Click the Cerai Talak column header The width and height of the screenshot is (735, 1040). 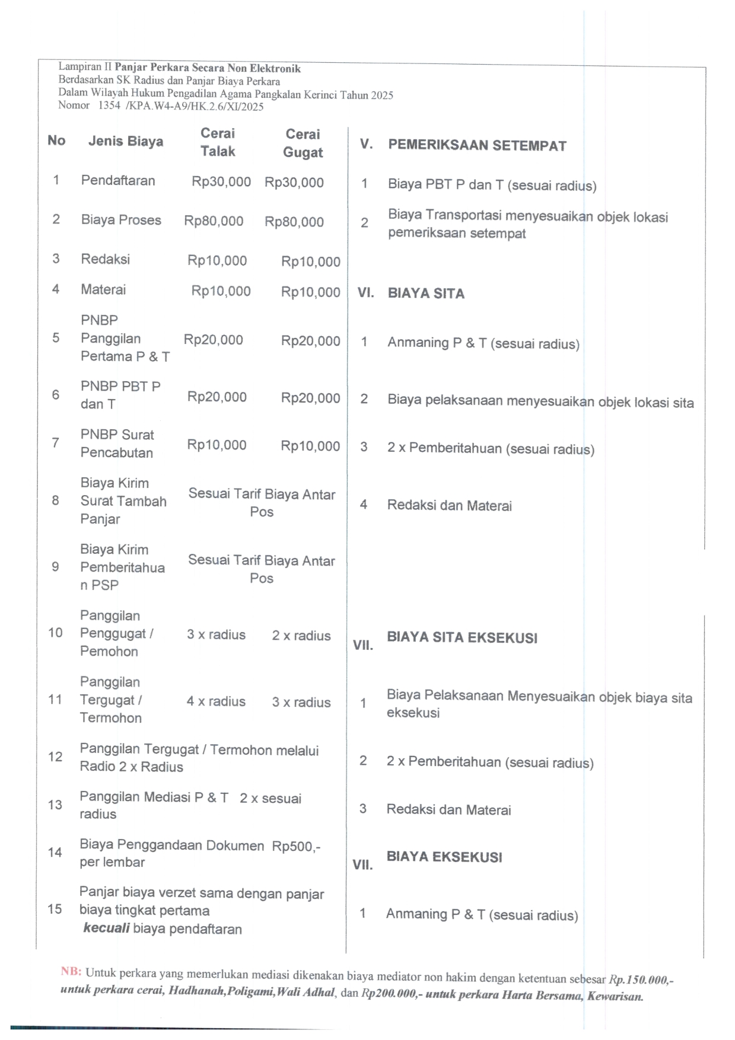click(x=218, y=142)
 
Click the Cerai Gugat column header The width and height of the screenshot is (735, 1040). click(x=303, y=143)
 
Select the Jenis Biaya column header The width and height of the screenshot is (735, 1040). click(x=126, y=141)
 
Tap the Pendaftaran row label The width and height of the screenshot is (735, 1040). click(x=118, y=180)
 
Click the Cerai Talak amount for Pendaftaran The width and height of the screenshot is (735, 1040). click(x=221, y=181)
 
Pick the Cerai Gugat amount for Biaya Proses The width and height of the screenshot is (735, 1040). click(x=294, y=222)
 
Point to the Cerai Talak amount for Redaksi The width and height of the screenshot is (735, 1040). click(x=217, y=260)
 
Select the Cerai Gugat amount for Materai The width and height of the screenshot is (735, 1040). click(x=310, y=292)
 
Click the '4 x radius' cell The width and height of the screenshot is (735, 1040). click(x=216, y=701)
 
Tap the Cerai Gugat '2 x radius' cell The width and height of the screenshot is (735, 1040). click(x=301, y=636)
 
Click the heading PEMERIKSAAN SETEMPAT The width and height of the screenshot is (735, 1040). click(x=477, y=145)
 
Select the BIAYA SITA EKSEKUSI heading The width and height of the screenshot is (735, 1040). click(x=462, y=637)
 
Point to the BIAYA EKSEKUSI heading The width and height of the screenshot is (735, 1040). click(x=444, y=857)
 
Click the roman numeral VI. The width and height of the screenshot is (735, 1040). click(x=365, y=293)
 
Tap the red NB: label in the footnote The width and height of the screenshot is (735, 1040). click(x=71, y=971)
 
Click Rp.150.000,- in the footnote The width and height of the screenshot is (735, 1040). click(x=641, y=980)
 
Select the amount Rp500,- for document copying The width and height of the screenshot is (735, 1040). click(x=296, y=846)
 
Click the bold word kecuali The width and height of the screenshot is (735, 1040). click(x=106, y=928)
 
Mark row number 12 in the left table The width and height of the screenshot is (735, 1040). click(x=55, y=757)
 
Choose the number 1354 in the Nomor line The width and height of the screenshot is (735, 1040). click(x=109, y=106)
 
